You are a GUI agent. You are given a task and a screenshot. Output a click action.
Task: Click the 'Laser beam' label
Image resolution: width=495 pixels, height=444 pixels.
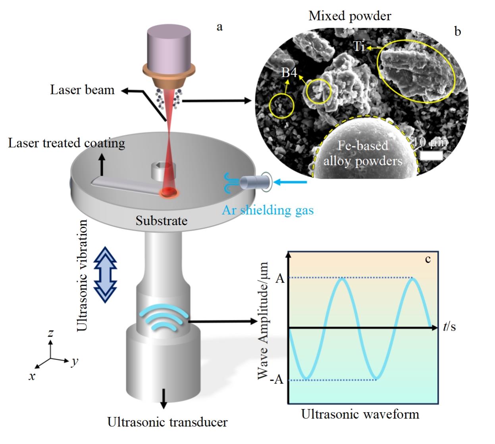pos(82,90)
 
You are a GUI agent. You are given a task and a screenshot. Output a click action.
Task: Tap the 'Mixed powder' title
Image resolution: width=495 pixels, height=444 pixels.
pos(350,16)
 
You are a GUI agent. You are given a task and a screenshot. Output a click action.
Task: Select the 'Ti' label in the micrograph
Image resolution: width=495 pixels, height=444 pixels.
pos(359,47)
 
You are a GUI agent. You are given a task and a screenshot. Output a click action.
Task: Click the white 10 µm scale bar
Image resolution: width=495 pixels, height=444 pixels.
pos(431,155)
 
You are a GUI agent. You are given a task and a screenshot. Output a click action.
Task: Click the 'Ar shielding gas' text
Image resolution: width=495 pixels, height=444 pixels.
pos(268,210)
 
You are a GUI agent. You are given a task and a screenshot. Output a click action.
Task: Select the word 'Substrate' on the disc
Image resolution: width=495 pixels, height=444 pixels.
pos(161,220)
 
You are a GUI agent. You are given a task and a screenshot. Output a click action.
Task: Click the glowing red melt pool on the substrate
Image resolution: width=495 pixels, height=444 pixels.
pos(169,193)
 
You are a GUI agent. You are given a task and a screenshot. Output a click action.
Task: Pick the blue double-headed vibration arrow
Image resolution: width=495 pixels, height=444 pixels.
pos(106,274)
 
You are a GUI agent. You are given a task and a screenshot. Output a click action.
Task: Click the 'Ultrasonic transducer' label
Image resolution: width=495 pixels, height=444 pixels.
pos(168,422)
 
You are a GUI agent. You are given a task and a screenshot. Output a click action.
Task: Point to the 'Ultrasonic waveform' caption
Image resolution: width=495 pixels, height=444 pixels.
pos(360,414)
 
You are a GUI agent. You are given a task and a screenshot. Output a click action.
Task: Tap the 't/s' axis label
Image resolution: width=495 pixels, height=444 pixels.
pos(449,327)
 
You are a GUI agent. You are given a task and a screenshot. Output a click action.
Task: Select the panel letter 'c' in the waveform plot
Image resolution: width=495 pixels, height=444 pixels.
pos(428,259)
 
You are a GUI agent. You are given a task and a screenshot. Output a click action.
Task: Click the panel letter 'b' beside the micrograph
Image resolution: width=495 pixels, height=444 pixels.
pos(458,31)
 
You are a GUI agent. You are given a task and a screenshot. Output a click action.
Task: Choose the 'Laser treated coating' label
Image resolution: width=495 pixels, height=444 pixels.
pos(66,143)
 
